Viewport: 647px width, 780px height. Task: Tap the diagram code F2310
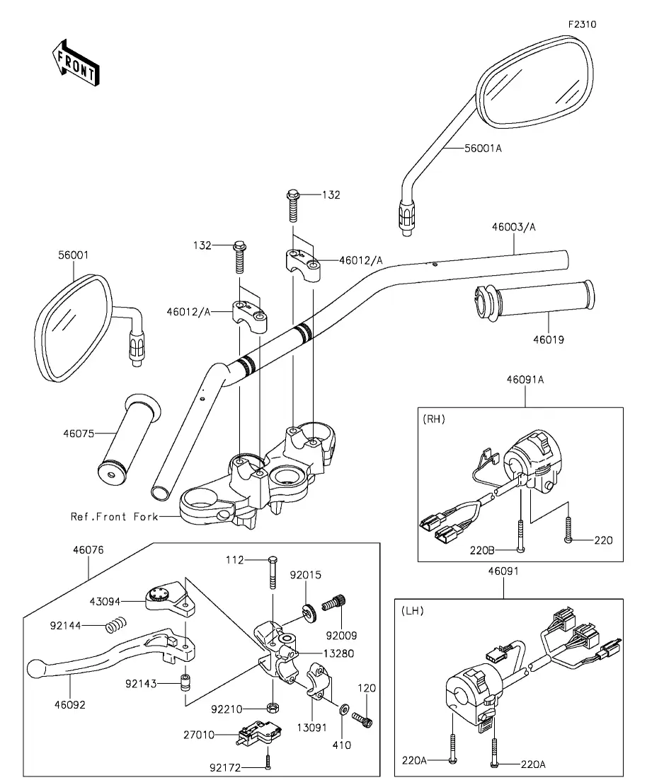[583, 23]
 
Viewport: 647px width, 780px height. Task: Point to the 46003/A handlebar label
[515, 227]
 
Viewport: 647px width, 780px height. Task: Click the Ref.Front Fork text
[109, 517]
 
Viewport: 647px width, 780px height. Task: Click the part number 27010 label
[199, 735]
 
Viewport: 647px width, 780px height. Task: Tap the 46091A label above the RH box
[525, 380]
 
